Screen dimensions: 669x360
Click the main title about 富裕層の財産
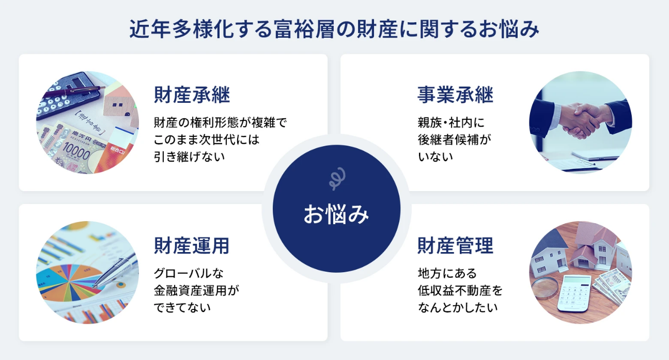click(334, 29)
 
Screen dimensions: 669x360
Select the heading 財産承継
click(192, 95)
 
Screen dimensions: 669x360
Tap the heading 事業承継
click(456, 95)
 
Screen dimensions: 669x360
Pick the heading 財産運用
click(192, 245)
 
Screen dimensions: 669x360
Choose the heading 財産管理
click(456, 245)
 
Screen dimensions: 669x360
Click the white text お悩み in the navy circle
click(336, 214)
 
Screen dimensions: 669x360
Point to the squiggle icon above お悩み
click(337, 179)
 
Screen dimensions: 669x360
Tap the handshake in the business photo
click(581, 120)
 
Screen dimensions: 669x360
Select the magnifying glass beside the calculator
click(546, 288)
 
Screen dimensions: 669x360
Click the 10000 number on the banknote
click(76, 152)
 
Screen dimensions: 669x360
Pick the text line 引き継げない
click(189, 156)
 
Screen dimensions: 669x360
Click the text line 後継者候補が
click(454, 139)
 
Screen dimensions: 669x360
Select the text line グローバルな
click(189, 273)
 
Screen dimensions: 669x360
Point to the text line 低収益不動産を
click(460, 290)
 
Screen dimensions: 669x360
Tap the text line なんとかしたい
click(458, 307)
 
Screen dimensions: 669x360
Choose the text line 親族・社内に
click(451, 122)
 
